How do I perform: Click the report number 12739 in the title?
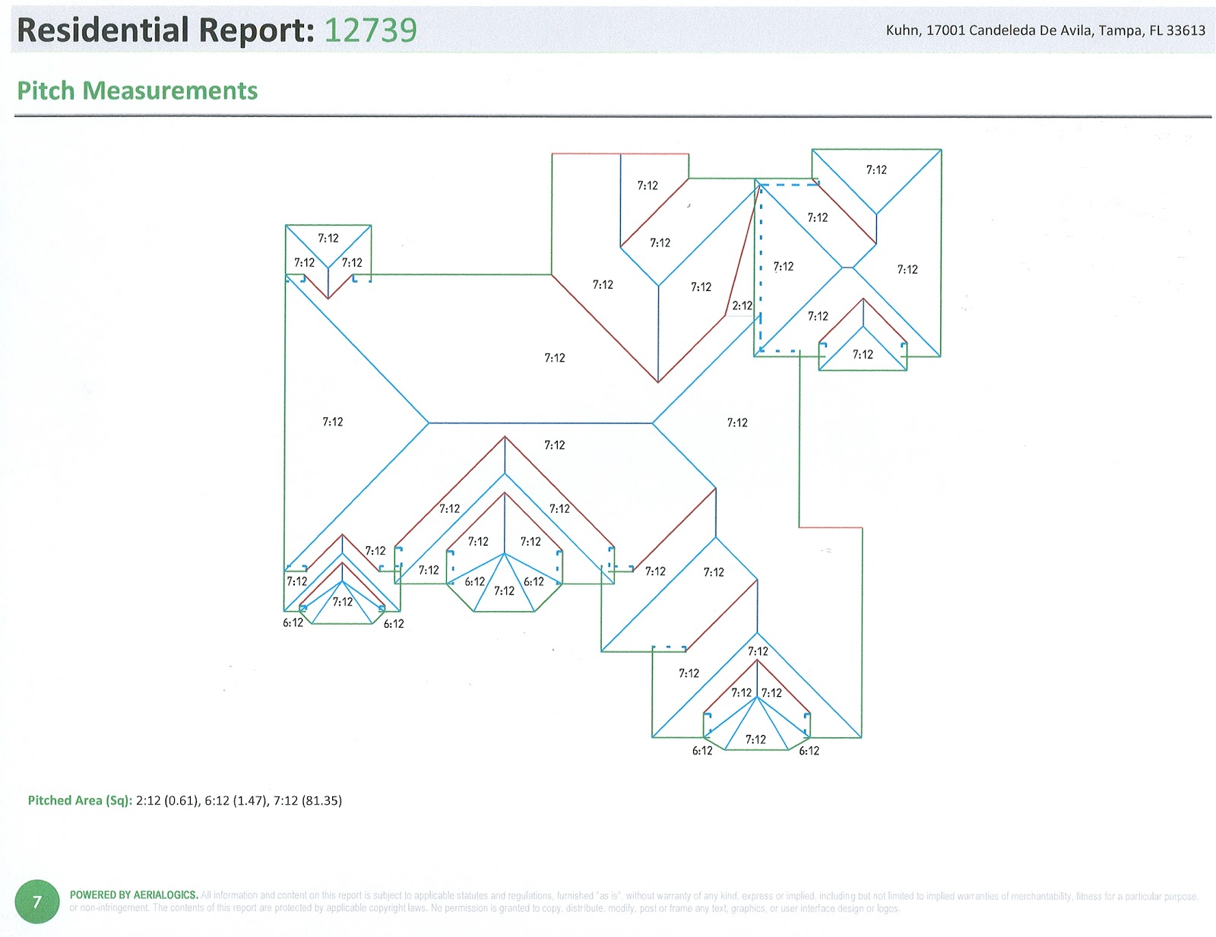coord(370,30)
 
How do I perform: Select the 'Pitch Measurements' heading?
coord(138,90)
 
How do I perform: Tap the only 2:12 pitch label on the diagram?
coord(742,305)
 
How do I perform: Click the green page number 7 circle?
coord(36,902)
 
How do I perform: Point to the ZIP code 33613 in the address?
coord(1186,30)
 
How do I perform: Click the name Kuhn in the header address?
coord(901,30)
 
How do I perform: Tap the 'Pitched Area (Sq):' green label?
coord(80,800)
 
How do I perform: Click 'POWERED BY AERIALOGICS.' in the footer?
coord(134,895)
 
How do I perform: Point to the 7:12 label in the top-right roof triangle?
coord(876,169)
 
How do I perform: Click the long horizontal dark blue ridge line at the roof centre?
coord(540,423)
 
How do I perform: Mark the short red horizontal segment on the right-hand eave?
coord(830,527)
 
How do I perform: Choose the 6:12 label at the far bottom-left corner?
coord(293,622)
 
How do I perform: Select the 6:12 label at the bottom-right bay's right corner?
coord(809,751)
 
